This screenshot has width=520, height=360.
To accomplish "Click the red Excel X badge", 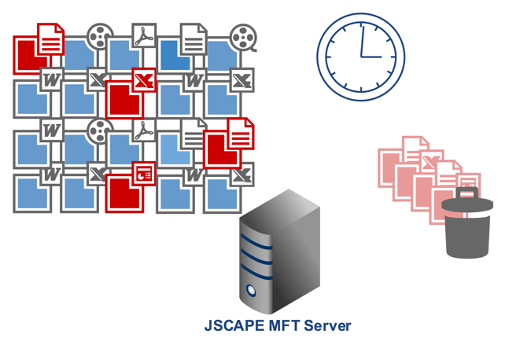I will click(x=144, y=79).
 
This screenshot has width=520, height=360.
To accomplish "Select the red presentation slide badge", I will click(x=144, y=174).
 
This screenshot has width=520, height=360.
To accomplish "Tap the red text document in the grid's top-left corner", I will click(x=50, y=39).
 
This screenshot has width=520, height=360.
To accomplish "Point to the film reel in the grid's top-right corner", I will click(x=243, y=37).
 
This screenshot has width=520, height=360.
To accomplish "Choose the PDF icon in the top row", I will click(x=144, y=36).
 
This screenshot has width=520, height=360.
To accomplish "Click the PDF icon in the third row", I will click(x=143, y=130).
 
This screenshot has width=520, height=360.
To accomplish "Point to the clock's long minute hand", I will click(x=362, y=39).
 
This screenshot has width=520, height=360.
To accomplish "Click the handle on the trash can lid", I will click(x=467, y=193).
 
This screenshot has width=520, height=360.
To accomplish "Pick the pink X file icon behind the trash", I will click(x=428, y=163).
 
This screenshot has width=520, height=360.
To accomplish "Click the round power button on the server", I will click(x=252, y=291).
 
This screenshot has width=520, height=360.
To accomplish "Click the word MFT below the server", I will click(x=283, y=325).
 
